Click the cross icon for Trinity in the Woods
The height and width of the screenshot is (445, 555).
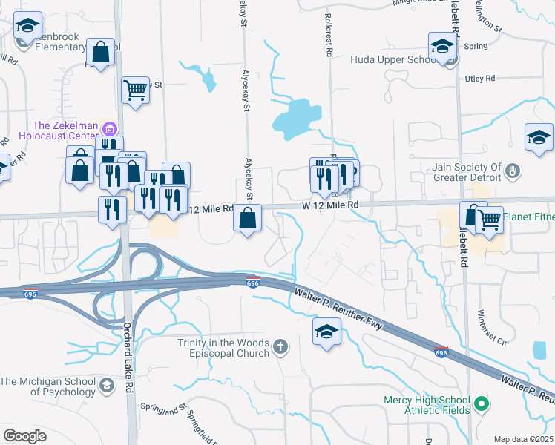coord(280,346)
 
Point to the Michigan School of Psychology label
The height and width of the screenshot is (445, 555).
coord(47,386)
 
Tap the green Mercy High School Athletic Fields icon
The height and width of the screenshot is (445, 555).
coord(482,404)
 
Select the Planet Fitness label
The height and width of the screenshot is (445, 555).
coord(529,217)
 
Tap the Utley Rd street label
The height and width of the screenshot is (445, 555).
coord(479,78)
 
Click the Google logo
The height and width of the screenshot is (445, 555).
coord(24,436)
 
